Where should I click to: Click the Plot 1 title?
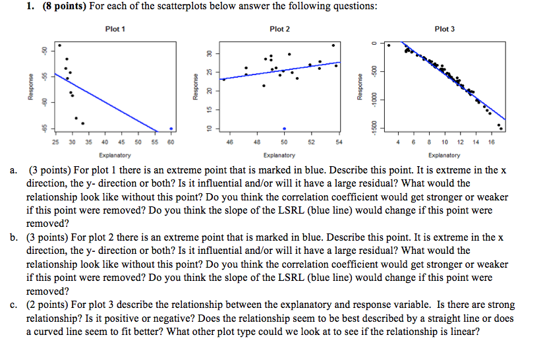click(115, 29)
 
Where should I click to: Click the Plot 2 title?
click(279, 29)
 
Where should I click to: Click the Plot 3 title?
click(445, 29)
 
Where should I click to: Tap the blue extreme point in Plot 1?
click(171, 129)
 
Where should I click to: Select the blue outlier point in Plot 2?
click(284, 129)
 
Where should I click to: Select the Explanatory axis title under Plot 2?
click(279, 156)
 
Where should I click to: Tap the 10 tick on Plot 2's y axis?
click(207, 127)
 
